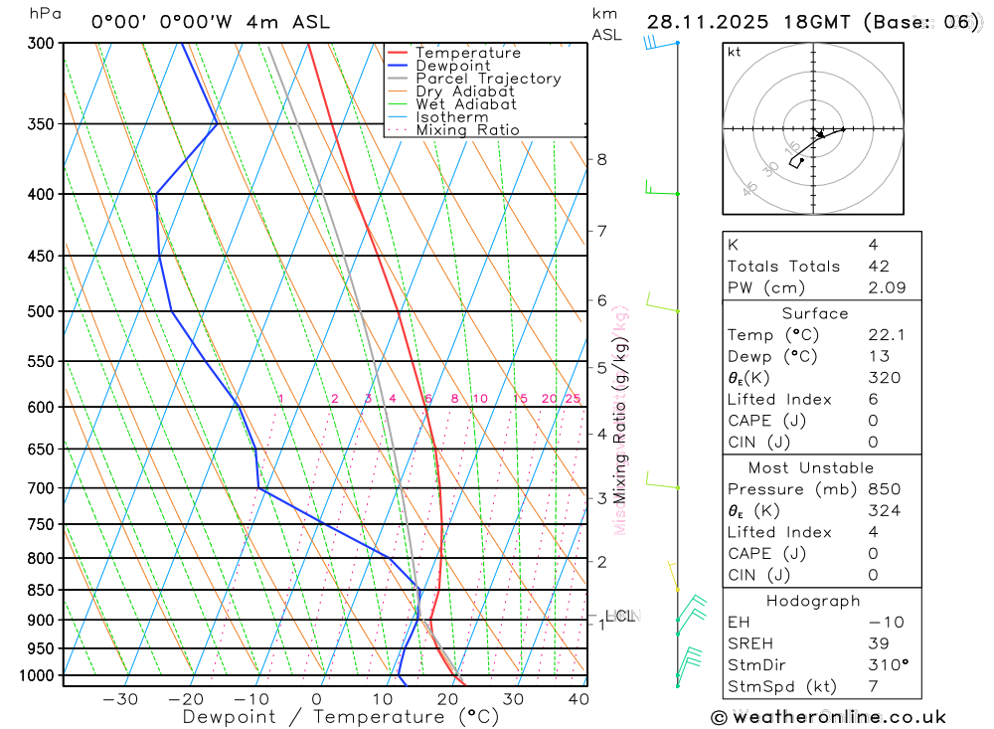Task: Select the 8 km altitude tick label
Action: tap(601, 159)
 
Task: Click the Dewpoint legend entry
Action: tap(453, 66)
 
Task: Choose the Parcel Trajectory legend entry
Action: tap(488, 79)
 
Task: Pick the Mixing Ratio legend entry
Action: tap(467, 130)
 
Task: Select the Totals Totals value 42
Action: tap(879, 267)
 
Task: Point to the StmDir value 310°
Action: tap(889, 665)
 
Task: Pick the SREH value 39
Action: tap(879, 644)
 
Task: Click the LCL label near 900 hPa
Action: tap(619, 617)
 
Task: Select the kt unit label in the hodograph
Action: tap(735, 52)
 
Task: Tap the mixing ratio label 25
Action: tap(573, 399)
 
